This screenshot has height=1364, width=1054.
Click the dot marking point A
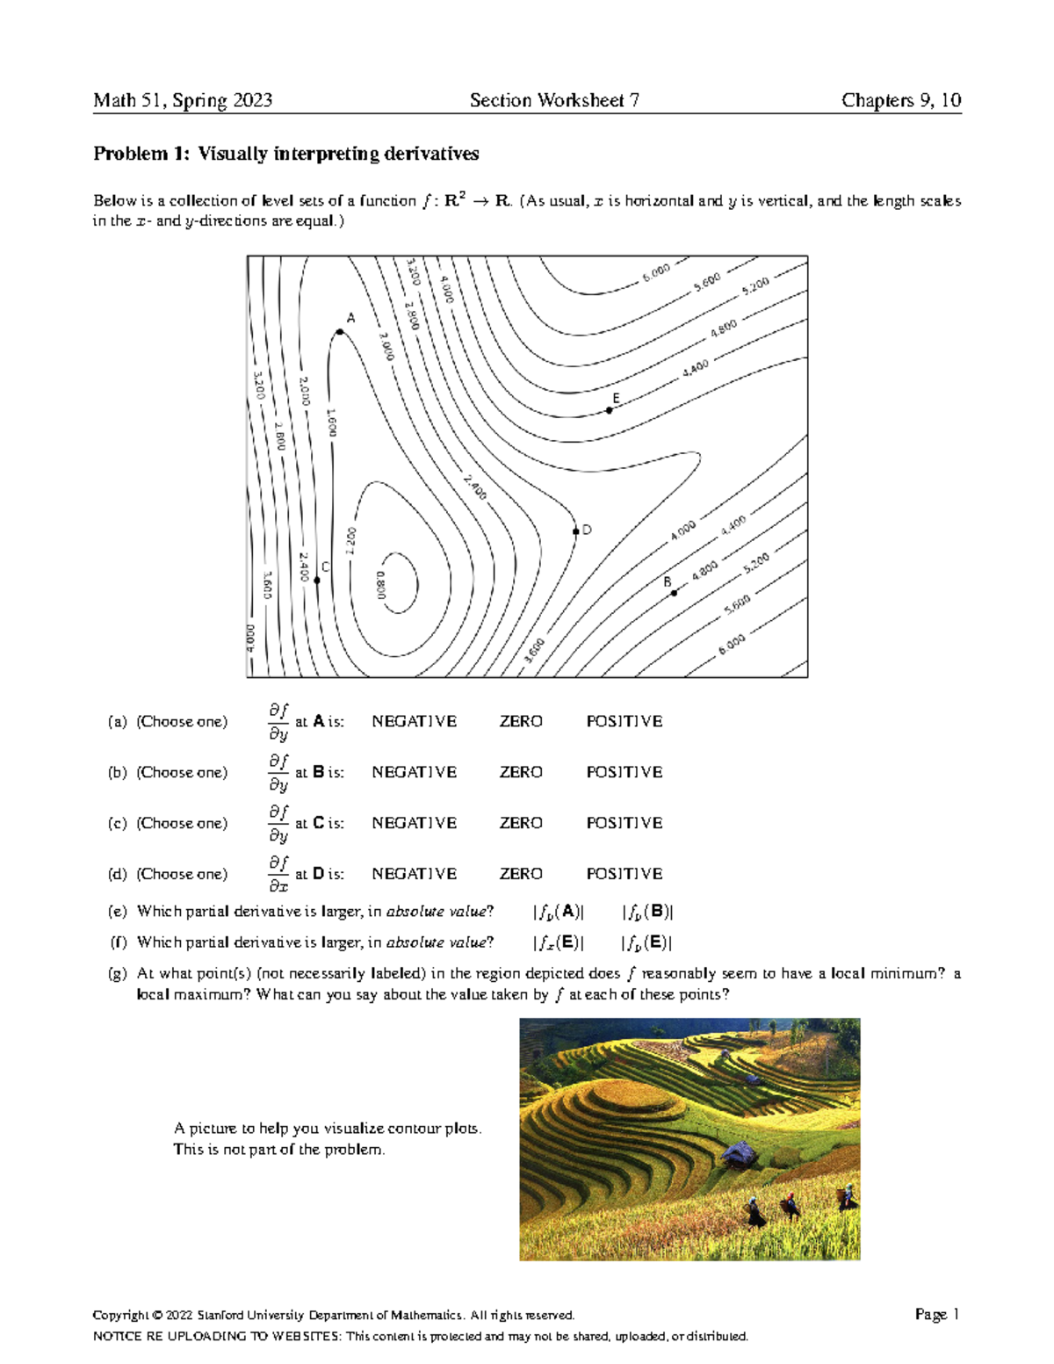[x=340, y=332]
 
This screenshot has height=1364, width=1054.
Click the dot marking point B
[x=674, y=594]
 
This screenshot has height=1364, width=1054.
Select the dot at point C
[x=317, y=581]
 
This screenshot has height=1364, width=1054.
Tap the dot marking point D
[x=576, y=531]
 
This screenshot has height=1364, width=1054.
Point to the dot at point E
[x=610, y=410]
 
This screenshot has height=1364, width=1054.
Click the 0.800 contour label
[x=380, y=585]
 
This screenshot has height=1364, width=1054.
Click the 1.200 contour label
[x=350, y=540]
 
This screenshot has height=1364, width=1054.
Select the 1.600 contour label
[x=331, y=422]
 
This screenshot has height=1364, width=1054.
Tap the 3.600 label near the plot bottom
[x=534, y=651]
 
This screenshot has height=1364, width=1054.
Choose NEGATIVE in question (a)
[x=414, y=721]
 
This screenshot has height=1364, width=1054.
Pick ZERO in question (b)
[x=521, y=772]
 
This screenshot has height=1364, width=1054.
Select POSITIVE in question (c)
[x=624, y=823]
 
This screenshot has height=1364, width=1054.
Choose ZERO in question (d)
[x=521, y=874]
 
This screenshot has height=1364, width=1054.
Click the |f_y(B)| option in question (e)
[x=647, y=912]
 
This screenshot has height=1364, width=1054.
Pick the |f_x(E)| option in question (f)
[x=558, y=942]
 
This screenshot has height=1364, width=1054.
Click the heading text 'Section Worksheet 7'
[x=554, y=100]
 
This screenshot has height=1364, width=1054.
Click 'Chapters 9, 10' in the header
[x=900, y=100]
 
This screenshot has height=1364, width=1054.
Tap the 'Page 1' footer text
[x=936, y=1314]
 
